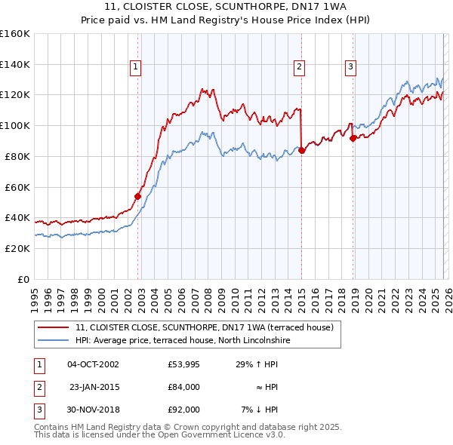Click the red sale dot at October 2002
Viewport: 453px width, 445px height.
(138, 196)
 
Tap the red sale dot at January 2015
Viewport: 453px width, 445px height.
(302, 150)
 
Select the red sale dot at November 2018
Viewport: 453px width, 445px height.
(353, 137)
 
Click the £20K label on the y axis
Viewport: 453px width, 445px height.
(17, 248)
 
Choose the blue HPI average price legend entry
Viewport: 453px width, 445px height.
(183, 340)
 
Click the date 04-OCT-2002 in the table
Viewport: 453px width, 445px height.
(93, 364)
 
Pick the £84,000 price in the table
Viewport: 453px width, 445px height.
(183, 387)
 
